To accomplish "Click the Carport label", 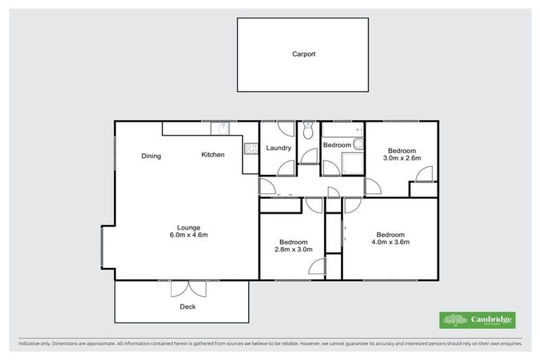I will coord(304,54).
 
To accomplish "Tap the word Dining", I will coord(150,156).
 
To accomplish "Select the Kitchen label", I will coord(213,155).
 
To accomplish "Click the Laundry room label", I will coord(278,148).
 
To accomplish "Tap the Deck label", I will coord(187,307).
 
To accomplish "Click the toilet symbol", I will coord(308,131).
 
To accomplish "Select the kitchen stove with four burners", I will coord(251,148).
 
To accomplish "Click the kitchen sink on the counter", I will coord(222,128).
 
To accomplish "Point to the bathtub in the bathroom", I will coord(342,129).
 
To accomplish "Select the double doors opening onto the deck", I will coord(189,288).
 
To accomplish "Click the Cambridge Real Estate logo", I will coord(477,320).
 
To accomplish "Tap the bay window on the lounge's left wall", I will coord(104,247).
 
